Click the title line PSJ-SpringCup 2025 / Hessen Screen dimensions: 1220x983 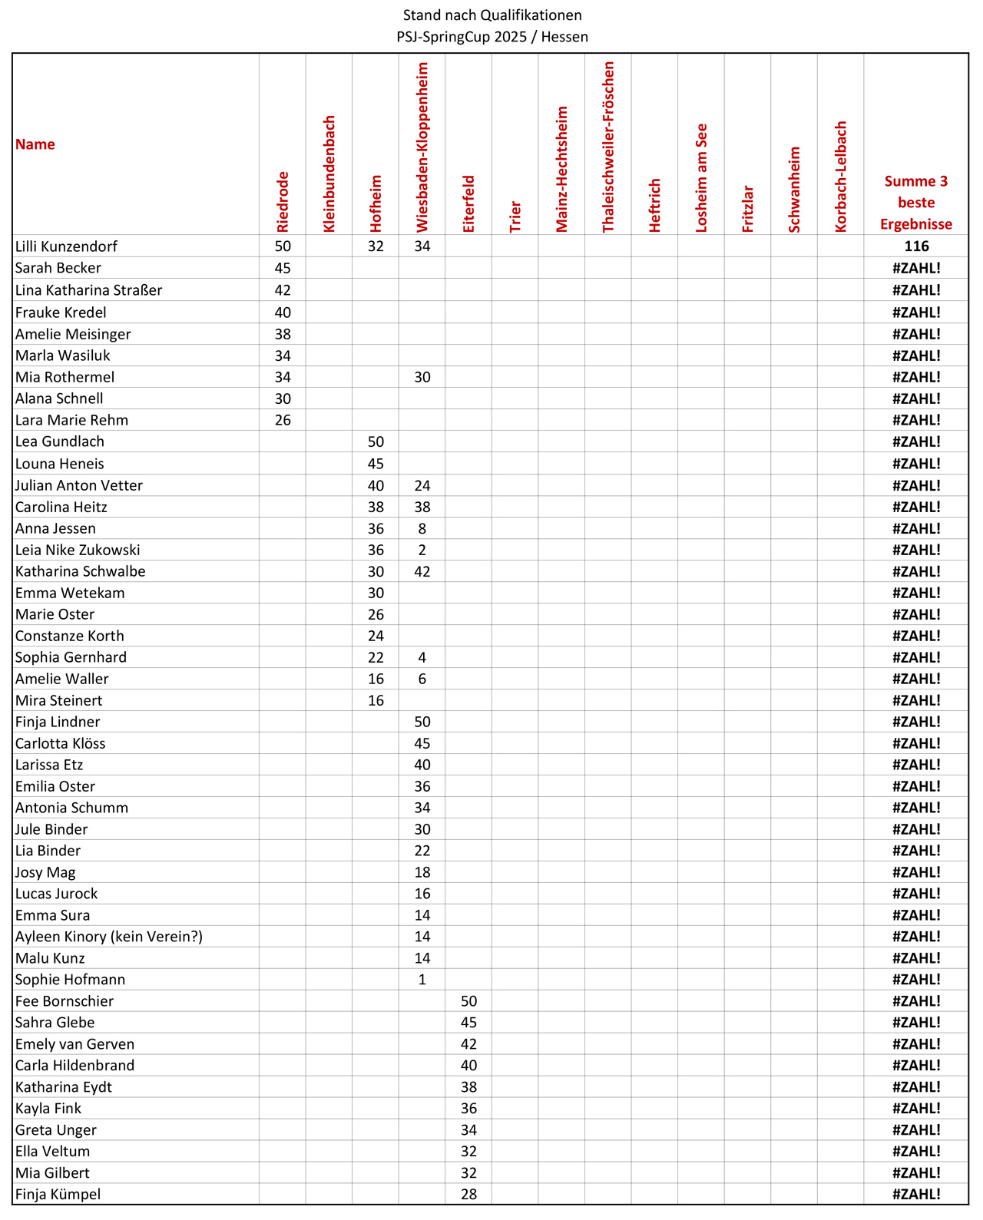tap(491, 37)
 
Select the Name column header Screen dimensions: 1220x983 tap(35, 144)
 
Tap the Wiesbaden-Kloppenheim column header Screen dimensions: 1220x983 tap(422, 147)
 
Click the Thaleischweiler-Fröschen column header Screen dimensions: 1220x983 tap(608, 147)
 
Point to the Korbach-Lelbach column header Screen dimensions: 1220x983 tap(841, 177)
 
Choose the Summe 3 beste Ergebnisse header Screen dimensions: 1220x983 tap(915, 203)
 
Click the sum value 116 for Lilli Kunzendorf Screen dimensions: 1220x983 tap(916, 246)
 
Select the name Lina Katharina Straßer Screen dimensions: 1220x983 tap(89, 290)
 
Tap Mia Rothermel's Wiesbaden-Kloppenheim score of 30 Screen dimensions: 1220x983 tap(422, 377)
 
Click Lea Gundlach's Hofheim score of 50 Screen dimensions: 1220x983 tap(376, 441)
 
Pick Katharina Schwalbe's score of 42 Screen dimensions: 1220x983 tap(422, 571)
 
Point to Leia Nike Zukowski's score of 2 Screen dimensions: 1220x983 tap(422, 550)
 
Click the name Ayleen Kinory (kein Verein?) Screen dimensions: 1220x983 tap(109, 937)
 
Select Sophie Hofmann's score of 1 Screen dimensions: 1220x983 tap(422, 980)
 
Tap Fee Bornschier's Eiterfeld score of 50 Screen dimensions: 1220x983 tap(468, 1001)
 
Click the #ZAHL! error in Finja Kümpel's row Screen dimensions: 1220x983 tap(916, 1194)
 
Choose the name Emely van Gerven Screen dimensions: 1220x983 tap(74, 1044)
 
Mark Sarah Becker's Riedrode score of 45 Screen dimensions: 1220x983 tap(283, 268)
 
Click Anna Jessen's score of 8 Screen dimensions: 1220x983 tap(422, 528)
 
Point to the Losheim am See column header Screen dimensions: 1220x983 tap(701, 178)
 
